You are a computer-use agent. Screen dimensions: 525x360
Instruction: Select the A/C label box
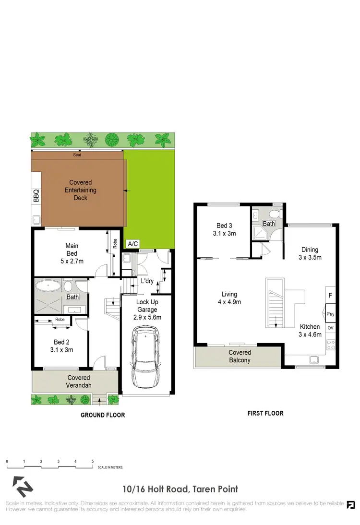(132, 244)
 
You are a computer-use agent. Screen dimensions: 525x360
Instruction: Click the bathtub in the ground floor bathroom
(49, 287)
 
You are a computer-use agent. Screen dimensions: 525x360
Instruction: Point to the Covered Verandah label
(79, 382)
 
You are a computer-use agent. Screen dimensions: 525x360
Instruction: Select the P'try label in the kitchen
(330, 315)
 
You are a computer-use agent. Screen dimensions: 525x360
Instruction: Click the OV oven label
(330, 328)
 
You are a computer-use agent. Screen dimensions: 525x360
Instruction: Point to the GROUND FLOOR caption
(103, 415)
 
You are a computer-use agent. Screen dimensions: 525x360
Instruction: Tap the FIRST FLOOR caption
(265, 413)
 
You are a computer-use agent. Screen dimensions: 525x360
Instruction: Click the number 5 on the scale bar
(93, 461)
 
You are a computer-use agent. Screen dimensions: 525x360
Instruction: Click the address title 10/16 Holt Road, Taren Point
(180, 489)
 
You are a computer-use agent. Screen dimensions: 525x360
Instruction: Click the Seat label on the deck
(77, 155)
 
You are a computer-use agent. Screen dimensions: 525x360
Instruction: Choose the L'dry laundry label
(147, 281)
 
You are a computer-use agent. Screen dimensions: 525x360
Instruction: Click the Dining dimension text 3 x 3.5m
(310, 257)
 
